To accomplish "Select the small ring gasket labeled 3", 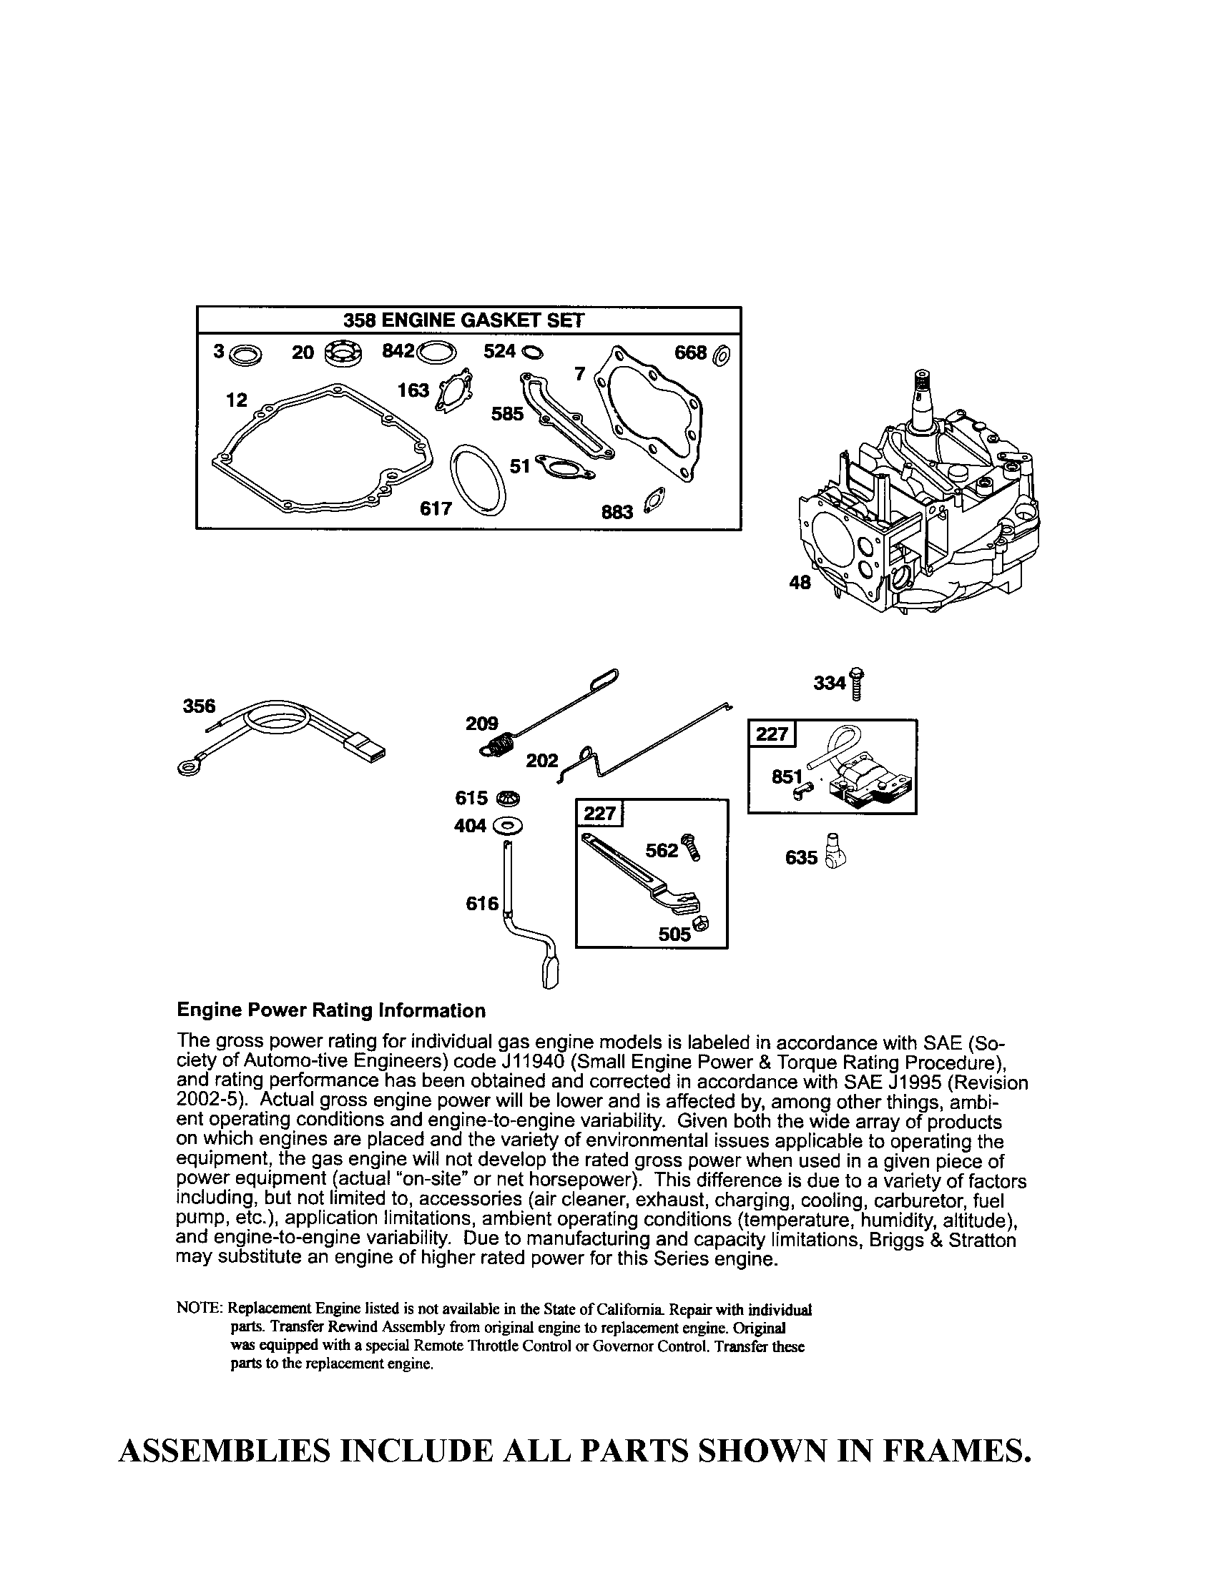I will tap(249, 355).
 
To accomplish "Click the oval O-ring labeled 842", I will tap(436, 353).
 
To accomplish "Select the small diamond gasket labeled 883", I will tap(655, 500).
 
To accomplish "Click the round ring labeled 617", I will tap(476, 479).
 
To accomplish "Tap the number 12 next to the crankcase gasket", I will tap(236, 400).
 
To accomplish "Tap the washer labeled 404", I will tap(509, 824).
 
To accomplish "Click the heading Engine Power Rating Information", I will tap(330, 1010).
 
